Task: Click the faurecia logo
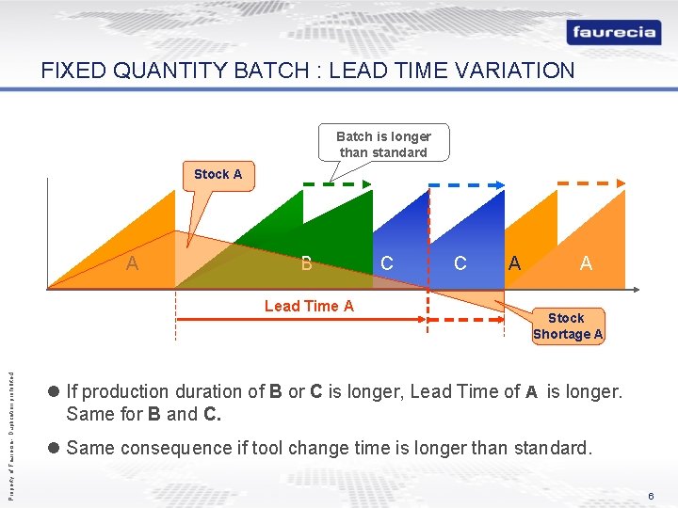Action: tap(614, 32)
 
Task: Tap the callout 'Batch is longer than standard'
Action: tap(383, 144)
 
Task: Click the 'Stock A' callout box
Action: tap(218, 174)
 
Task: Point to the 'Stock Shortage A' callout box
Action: tap(567, 326)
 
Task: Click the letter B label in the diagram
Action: tap(306, 263)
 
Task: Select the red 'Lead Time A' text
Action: tap(309, 306)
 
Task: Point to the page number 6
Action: tap(649, 496)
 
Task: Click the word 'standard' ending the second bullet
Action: tap(551, 448)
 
